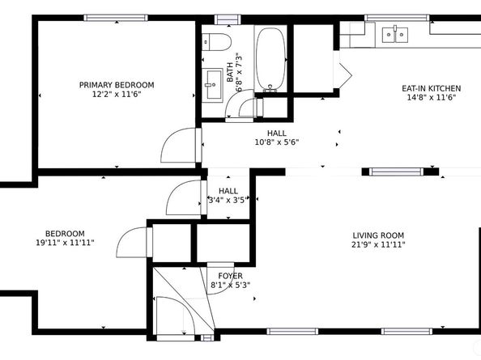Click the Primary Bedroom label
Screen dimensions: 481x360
click(x=117, y=85)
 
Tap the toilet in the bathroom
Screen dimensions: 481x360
click(x=216, y=42)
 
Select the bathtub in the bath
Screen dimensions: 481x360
click(x=271, y=59)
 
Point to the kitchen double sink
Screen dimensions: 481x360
click(x=395, y=35)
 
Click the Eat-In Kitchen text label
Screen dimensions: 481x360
click(x=432, y=88)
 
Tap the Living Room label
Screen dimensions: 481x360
click(x=378, y=235)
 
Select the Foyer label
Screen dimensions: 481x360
click(x=230, y=276)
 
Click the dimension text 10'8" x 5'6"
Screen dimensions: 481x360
click(x=277, y=142)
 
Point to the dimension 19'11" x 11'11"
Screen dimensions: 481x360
click(x=65, y=243)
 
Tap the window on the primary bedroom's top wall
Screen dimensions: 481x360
click(x=116, y=18)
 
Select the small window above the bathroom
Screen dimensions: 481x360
click(x=228, y=19)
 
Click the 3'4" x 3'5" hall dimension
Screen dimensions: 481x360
click(x=228, y=201)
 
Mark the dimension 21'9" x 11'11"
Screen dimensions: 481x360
click(x=378, y=245)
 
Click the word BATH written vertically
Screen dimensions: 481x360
click(x=230, y=73)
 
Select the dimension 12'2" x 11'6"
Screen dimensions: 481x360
click(x=117, y=95)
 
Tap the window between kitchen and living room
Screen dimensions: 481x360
click(x=396, y=172)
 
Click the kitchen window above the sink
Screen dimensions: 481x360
click(x=397, y=18)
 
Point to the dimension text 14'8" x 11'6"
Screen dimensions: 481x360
click(x=432, y=98)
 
